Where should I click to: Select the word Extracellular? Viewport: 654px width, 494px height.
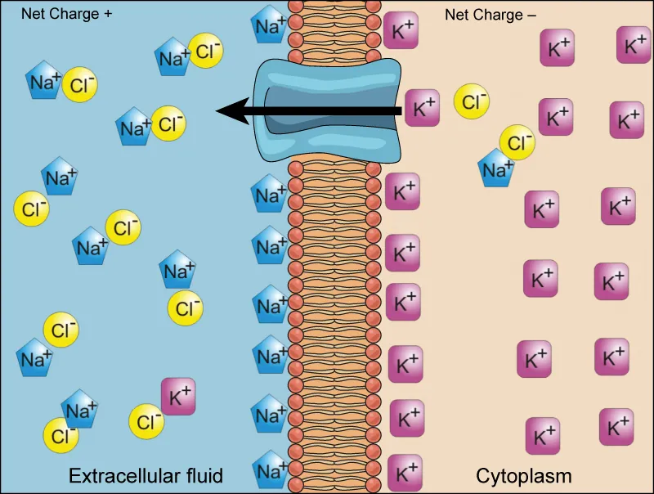[122, 475]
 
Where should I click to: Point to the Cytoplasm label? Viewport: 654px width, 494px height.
[523, 475]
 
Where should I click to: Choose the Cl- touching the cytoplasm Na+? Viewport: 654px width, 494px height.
[517, 144]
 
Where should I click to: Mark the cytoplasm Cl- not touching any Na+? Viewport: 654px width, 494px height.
[473, 101]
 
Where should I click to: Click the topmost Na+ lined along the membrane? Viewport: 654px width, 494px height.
[269, 25]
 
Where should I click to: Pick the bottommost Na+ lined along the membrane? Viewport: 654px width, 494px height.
[269, 470]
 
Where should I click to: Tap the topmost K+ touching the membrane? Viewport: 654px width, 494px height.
[401, 30]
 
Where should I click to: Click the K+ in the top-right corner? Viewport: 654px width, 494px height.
[634, 44]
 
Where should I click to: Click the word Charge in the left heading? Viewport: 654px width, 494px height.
[79, 14]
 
